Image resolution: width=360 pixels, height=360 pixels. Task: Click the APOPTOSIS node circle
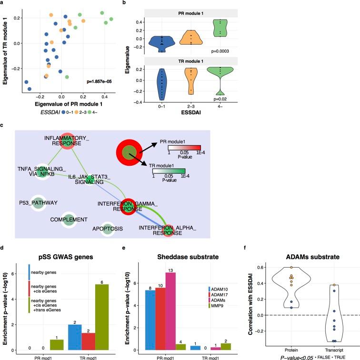pyautogui.click(x=108, y=229)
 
